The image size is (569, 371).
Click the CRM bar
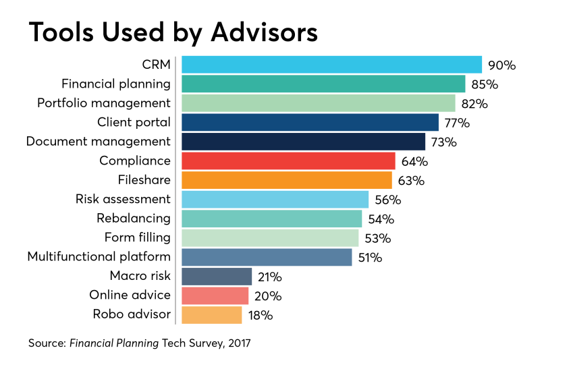pyautogui.click(x=331, y=65)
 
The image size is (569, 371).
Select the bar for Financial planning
pyautogui.click(x=323, y=84)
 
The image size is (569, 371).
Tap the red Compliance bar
pyautogui.click(x=288, y=161)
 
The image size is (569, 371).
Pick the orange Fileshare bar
pyautogui.click(x=287, y=180)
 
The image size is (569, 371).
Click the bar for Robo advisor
pyautogui.click(x=212, y=315)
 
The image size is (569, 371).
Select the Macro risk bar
pyautogui.click(x=217, y=277)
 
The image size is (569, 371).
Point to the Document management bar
pyautogui.click(x=303, y=142)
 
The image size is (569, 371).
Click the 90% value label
pyautogui.click(x=502, y=65)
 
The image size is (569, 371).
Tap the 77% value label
pyautogui.click(x=456, y=123)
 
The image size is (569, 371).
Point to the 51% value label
pyautogui.click(x=370, y=258)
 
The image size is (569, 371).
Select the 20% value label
pyautogui.click(x=268, y=296)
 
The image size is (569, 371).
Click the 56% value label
pyautogui.click(x=387, y=200)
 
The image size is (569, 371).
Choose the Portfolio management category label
pyautogui.click(x=103, y=103)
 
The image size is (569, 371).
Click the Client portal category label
pyautogui.click(x=134, y=122)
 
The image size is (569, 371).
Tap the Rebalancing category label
pyautogui.click(x=134, y=219)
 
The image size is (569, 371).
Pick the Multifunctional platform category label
pyautogui.click(x=99, y=257)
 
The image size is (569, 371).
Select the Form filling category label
pyautogui.click(x=138, y=237)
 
